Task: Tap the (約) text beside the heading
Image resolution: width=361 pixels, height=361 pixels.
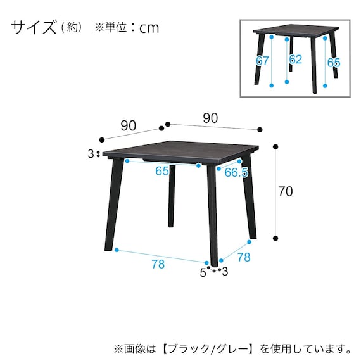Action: (71, 28)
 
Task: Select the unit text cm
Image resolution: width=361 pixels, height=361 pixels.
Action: (148, 28)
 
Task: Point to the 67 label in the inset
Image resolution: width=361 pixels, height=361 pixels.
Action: (263, 61)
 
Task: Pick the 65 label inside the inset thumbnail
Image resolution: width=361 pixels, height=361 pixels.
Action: (334, 63)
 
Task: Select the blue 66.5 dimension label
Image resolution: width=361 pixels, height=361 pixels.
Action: (236, 172)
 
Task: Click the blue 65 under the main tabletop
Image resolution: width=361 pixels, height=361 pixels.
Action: (162, 171)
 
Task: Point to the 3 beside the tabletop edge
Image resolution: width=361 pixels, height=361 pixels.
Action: (91, 154)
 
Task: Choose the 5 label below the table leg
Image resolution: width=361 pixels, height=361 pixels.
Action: (203, 273)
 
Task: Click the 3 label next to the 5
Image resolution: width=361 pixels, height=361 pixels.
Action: (225, 272)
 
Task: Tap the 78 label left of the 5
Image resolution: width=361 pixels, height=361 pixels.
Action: (158, 264)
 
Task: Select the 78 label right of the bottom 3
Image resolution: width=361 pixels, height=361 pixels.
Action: (244, 258)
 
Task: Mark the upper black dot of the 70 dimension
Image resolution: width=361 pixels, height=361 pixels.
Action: (276, 146)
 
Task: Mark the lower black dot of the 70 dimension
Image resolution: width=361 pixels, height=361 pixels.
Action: (276, 238)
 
